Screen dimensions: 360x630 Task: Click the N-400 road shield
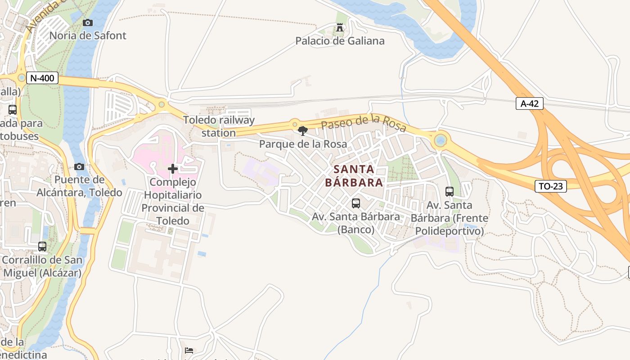(x=43, y=78)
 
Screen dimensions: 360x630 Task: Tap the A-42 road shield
(x=529, y=104)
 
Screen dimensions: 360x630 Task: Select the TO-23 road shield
(x=550, y=186)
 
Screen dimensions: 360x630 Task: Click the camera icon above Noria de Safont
(x=88, y=22)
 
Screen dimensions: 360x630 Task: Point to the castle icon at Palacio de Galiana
(x=340, y=28)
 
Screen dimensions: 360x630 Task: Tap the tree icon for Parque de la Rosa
(x=303, y=131)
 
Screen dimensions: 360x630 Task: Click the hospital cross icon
(x=172, y=169)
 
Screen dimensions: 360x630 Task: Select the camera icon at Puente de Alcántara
(x=79, y=167)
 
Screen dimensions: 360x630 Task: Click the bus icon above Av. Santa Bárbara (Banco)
(x=355, y=203)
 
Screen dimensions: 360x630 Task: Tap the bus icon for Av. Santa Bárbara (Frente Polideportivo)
(x=449, y=192)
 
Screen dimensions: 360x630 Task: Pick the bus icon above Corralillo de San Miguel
(x=42, y=247)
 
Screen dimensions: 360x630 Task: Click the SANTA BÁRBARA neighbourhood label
(x=354, y=176)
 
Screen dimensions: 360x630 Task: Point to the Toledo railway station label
(x=219, y=126)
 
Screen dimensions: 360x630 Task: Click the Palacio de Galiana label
(x=340, y=41)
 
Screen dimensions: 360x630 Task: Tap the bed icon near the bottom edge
(x=189, y=350)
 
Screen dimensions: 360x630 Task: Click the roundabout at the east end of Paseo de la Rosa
(x=441, y=141)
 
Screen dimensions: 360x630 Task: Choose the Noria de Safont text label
(x=88, y=36)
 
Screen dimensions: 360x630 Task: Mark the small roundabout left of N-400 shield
(x=21, y=78)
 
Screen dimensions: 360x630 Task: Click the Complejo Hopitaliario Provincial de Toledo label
(x=172, y=201)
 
